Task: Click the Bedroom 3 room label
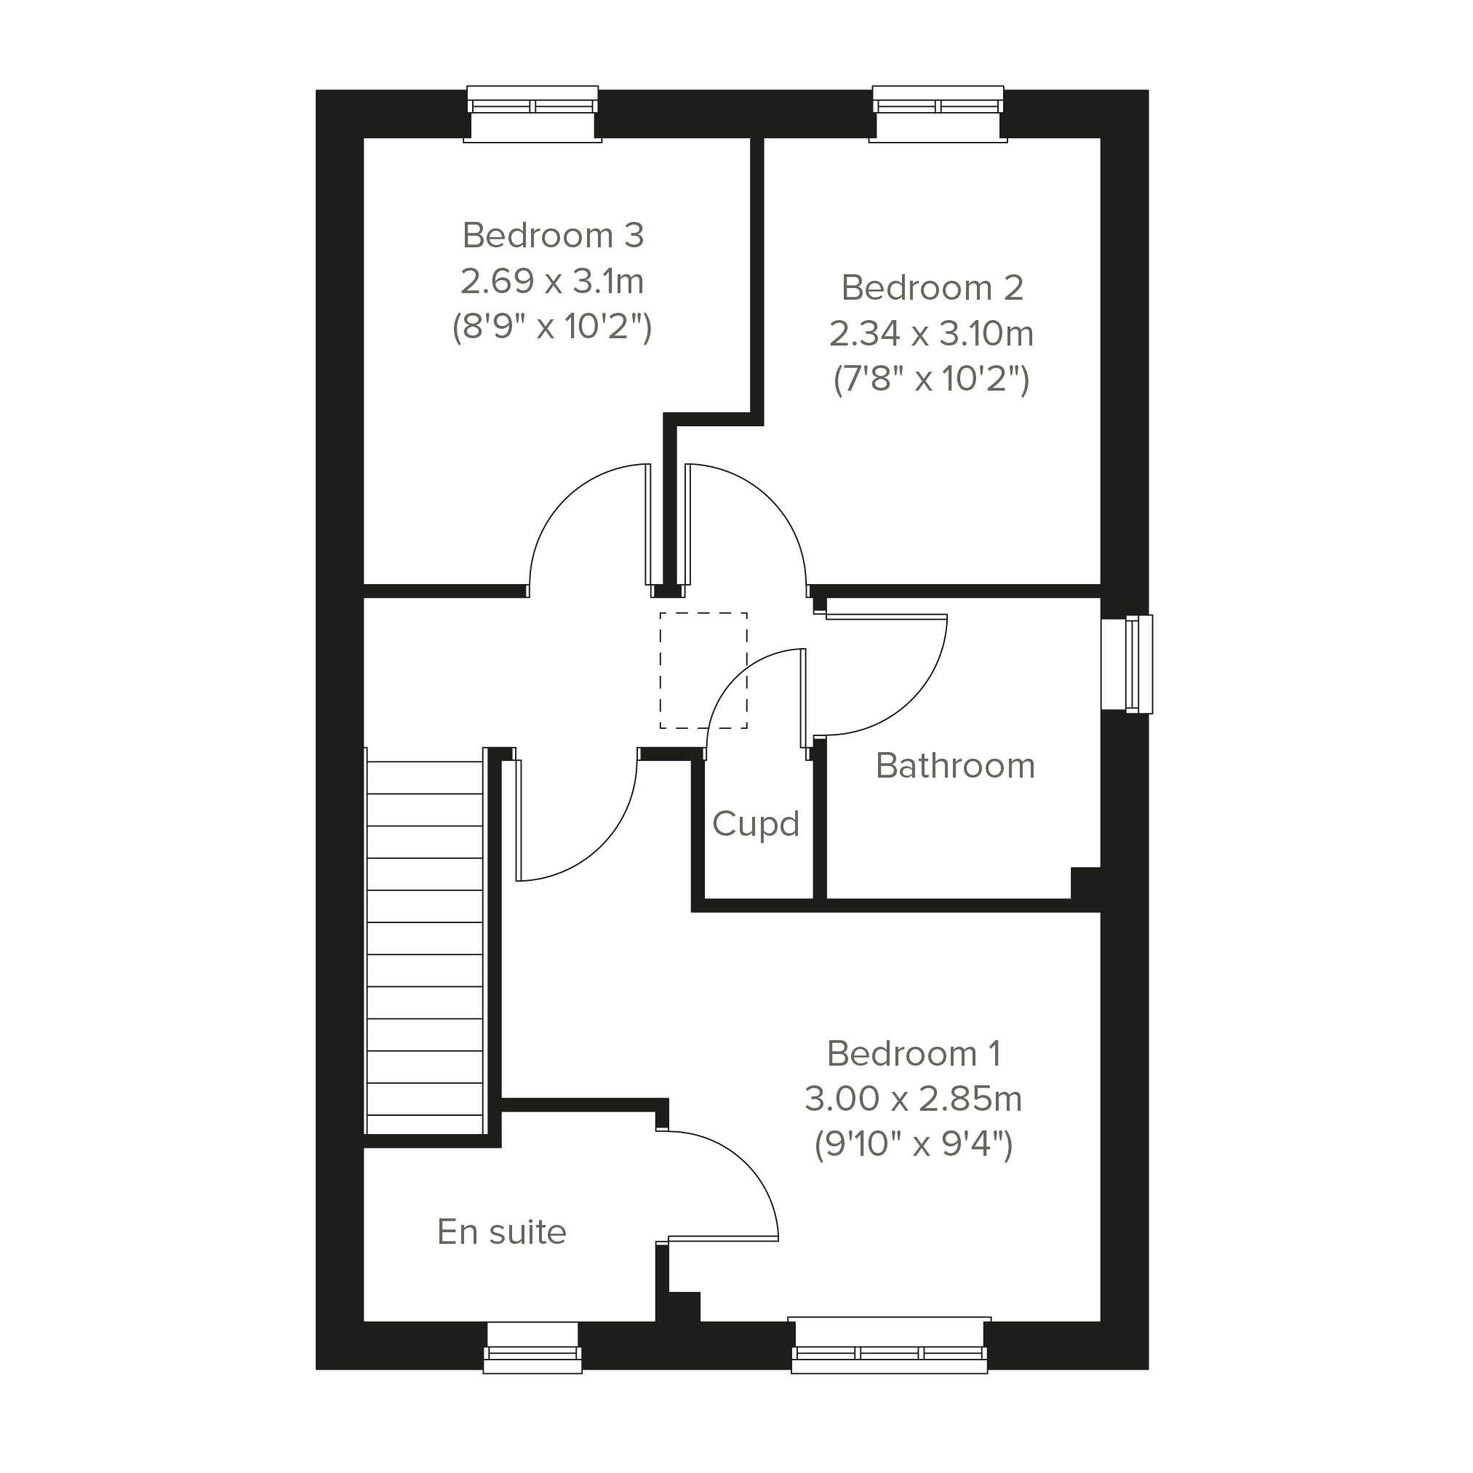click(553, 236)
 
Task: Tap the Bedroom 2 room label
click(932, 287)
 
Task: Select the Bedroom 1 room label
click(914, 1054)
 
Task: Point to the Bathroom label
click(955, 765)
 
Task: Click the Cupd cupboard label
click(756, 824)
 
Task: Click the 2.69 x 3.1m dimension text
click(553, 282)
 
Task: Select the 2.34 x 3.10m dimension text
click(932, 333)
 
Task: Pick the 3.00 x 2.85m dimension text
click(914, 1098)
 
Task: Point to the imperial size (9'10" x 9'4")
click(914, 1144)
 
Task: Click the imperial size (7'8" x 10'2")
click(932, 379)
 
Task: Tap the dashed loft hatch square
click(703, 671)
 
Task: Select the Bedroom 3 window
click(532, 113)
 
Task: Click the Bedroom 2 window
click(938, 113)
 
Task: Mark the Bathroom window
click(1127, 664)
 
